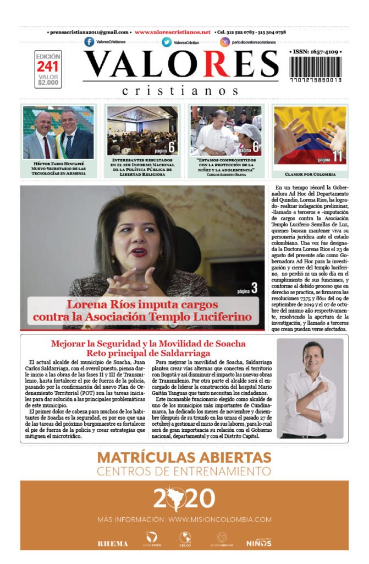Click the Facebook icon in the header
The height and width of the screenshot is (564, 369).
89,42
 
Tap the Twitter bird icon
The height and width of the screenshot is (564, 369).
166,42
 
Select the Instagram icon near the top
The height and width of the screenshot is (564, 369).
225,42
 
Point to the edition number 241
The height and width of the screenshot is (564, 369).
48,67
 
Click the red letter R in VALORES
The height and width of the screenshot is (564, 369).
224,64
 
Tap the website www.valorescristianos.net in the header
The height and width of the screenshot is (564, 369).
173,32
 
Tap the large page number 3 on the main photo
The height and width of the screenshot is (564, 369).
254,288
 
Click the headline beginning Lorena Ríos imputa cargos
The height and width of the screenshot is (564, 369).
142,311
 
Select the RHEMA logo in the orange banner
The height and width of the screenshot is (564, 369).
113,543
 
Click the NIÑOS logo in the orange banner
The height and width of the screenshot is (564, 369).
258,543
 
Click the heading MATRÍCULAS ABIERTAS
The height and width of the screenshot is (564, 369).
184,458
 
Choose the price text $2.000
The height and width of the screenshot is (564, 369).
48,83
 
